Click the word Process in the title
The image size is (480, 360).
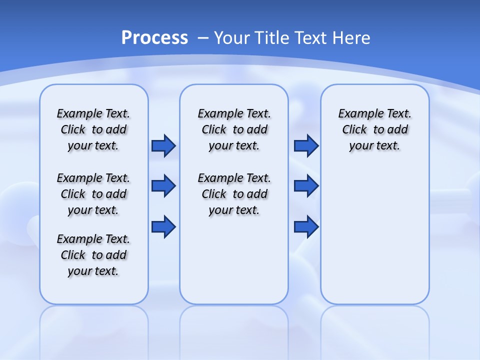154,38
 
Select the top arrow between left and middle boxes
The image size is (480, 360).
163,145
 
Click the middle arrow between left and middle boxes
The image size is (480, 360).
163,186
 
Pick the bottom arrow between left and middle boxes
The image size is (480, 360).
163,226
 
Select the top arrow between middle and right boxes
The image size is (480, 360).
306,145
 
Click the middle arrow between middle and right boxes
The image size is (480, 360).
306,186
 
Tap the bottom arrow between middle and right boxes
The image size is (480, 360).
306,226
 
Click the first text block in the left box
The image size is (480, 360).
93,129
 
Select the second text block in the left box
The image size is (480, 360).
93,194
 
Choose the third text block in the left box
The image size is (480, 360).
93,255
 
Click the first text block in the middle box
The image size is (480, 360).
234,129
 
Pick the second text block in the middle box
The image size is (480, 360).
234,194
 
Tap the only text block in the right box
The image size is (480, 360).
374,129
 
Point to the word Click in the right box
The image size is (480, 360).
354,130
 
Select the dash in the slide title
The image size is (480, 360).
203,38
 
